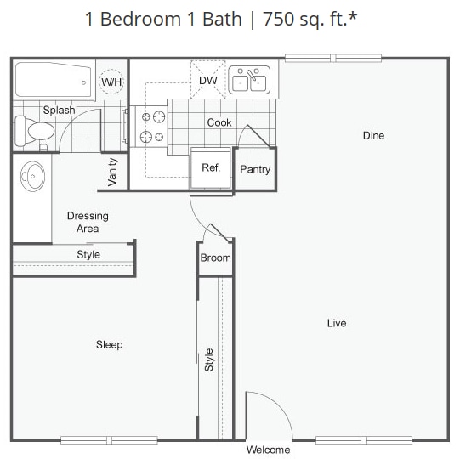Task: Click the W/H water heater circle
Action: click(111, 82)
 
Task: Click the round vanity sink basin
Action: click(33, 178)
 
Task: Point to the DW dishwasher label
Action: click(207, 81)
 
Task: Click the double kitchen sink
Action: click(250, 81)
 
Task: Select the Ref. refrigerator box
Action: click(210, 167)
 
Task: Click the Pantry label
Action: click(255, 169)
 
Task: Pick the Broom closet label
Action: click(215, 258)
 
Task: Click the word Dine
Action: click(373, 135)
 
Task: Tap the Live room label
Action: click(337, 323)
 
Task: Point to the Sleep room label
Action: click(109, 344)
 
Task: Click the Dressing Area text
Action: click(88, 222)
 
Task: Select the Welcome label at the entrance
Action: click(268, 450)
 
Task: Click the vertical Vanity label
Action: click(113, 173)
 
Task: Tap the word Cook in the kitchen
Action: click(219, 122)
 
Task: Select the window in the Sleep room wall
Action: click(109, 439)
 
